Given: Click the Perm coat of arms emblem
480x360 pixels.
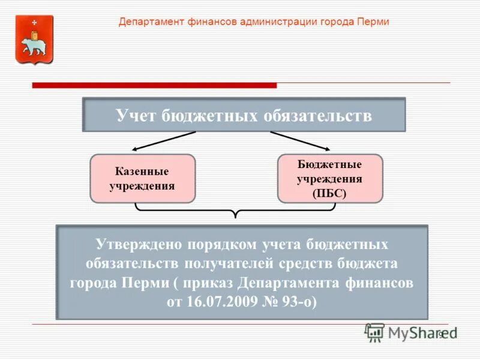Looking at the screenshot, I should coord(34,40).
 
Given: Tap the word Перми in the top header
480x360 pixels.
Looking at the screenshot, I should coord(374,22).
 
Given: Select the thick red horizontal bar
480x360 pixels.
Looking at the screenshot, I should coord(154,85).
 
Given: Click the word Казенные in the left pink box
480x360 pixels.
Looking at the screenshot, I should coord(142,172).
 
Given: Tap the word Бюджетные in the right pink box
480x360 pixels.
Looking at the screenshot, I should coord(329,164).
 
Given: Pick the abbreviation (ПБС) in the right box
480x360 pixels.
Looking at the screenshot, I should coord(329,193).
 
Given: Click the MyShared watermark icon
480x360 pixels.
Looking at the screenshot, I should coord(375,331).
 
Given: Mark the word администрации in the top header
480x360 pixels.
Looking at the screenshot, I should coord(271,22).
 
